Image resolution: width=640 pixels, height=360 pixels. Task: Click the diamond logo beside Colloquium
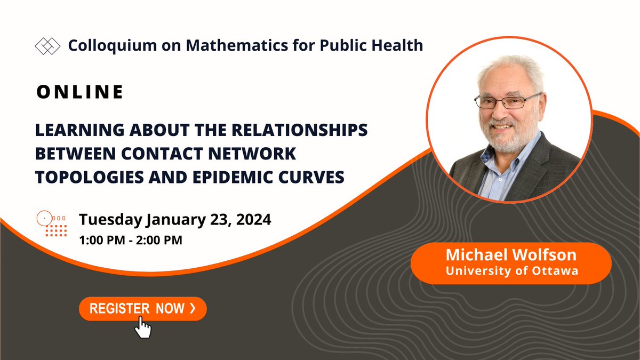click(x=47, y=46)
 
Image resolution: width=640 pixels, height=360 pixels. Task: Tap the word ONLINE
click(x=80, y=92)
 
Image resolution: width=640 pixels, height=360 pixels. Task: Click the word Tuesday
click(x=109, y=219)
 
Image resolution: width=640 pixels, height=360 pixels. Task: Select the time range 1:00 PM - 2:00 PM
click(x=131, y=240)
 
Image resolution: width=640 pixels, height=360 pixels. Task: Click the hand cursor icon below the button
click(x=142, y=326)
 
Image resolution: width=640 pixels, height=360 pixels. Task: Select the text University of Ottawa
click(x=511, y=271)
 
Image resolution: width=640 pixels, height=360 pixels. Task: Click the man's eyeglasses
click(x=507, y=101)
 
